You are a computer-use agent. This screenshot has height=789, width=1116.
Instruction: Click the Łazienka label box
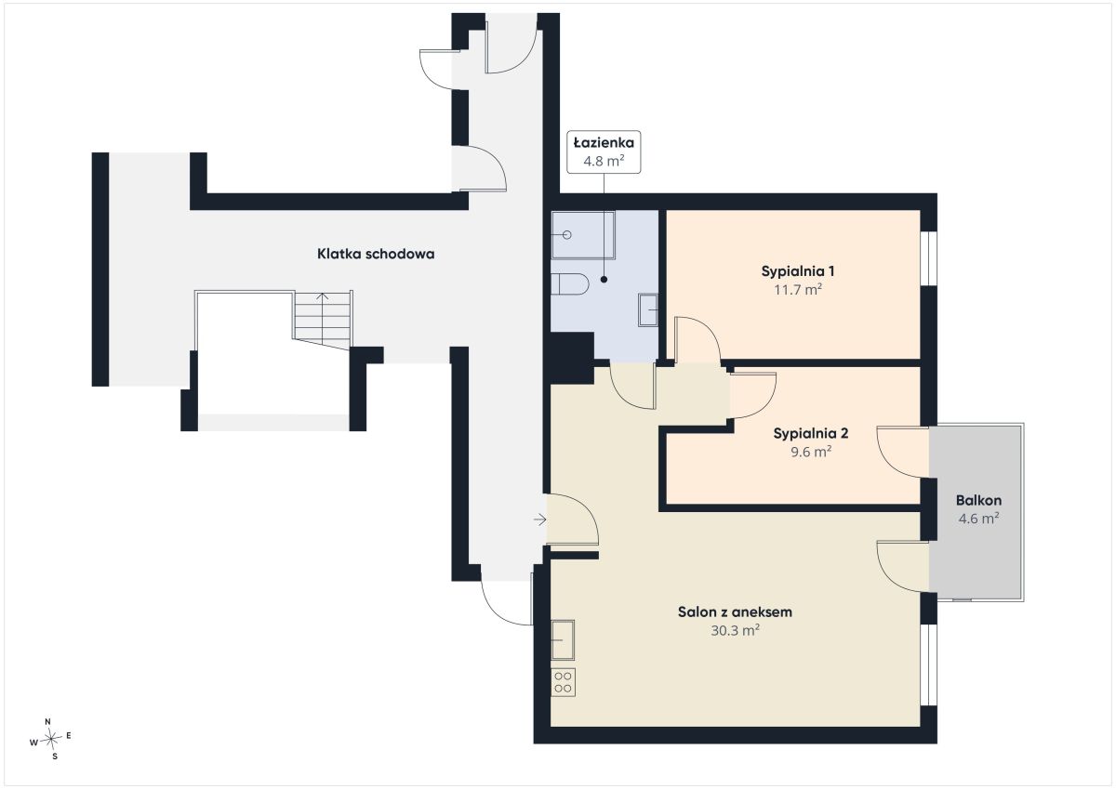[x=604, y=151]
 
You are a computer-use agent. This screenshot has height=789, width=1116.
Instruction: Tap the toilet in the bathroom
[x=569, y=283]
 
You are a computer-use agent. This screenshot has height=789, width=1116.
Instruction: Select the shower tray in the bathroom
[x=583, y=235]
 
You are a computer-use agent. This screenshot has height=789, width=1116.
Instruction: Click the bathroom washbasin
[x=648, y=310]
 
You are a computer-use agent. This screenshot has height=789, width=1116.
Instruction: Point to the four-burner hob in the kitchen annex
[x=563, y=682]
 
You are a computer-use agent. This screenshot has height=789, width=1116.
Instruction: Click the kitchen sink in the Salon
[x=563, y=639]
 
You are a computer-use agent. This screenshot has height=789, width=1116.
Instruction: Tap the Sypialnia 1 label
[x=798, y=271]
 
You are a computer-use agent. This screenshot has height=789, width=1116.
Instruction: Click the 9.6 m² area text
[x=811, y=452]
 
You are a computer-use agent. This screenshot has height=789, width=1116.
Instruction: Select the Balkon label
[x=978, y=500]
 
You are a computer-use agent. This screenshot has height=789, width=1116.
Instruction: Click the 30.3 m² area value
[x=735, y=631]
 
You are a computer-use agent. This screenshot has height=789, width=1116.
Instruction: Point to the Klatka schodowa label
[x=376, y=254]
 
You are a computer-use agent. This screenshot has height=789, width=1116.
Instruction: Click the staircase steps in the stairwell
[x=323, y=320]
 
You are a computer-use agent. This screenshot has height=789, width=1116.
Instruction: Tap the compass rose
[x=50, y=739]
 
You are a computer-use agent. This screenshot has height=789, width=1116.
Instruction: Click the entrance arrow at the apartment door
[x=539, y=519]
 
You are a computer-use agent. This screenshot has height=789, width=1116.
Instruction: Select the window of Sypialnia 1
[x=929, y=258]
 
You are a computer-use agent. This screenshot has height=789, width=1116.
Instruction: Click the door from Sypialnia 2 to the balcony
[x=903, y=453]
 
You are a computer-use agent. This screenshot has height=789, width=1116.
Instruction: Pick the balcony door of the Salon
[x=903, y=567]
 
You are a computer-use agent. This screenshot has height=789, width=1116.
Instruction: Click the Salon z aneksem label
[x=735, y=611]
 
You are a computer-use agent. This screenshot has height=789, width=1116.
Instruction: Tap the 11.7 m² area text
[x=798, y=290]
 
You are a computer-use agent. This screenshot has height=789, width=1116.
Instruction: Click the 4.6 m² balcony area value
[x=978, y=519]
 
